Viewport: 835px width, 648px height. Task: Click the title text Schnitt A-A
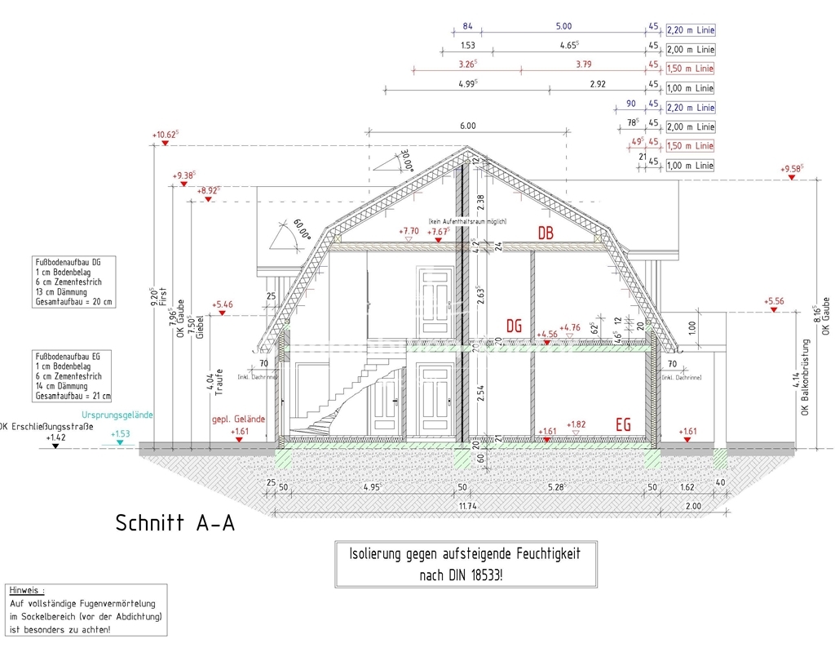pos(175,522)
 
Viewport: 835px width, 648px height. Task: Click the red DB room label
pos(546,233)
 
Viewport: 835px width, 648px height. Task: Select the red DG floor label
pos(514,326)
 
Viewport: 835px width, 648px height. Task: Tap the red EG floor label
pos(624,425)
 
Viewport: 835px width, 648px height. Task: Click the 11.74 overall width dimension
pos(467,507)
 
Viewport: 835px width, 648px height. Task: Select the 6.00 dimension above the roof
pos(467,126)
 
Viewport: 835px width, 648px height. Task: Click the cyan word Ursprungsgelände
pos(117,415)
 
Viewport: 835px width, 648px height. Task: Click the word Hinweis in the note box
pos(27,589)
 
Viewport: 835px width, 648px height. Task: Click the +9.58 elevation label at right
pos(791,169)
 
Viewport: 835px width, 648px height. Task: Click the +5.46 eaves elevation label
pos(222,305)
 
